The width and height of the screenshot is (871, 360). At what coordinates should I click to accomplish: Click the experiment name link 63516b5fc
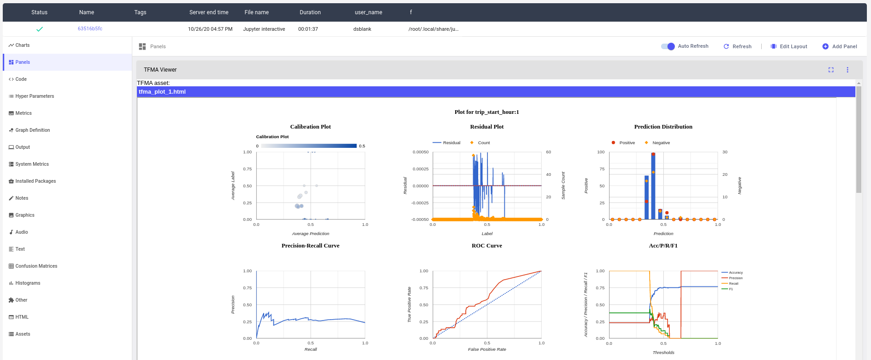pos(90,28)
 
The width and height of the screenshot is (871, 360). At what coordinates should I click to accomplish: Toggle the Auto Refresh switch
pos(668,46)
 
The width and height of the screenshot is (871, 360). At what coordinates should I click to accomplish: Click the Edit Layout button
pos(789,46)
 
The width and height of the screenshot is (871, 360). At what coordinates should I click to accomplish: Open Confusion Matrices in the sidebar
pos(36,266)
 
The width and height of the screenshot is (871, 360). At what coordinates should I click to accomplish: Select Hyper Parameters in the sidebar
pos(34,96)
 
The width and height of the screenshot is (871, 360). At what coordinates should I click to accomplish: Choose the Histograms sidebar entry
pos(28,283)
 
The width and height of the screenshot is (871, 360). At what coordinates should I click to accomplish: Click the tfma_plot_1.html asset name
pos(162,92)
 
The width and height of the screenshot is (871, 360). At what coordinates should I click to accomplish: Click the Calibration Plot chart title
pos(310,127)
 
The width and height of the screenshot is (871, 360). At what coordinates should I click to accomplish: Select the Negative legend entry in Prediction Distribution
pos(661,143)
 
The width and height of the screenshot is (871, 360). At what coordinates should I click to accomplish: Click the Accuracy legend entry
pos(735,273)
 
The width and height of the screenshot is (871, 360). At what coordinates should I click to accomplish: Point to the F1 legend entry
pos(730,289)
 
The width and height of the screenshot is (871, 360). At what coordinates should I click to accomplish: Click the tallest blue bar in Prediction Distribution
pos(653,186)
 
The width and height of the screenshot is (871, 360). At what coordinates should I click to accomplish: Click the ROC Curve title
pos(486,246)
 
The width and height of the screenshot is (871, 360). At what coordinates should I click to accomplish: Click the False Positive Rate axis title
pos(486,349)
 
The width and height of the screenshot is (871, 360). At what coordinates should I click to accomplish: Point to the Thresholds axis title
pos(663,353)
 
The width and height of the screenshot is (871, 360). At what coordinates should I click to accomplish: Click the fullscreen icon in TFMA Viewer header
pos(831,70)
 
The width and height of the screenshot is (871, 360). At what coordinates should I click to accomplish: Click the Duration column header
pos(310,12)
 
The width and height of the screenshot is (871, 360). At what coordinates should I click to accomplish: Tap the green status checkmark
pos(40,29)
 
